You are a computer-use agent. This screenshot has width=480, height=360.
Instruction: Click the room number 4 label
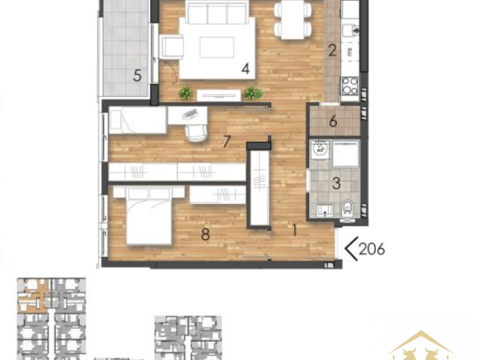[x=246, y=69]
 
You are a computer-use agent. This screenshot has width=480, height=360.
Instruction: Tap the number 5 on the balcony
[x=137, y=76]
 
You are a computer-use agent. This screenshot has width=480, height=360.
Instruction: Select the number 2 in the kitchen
[x=332, y=50]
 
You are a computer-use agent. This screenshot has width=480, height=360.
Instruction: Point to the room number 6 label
[x=333, y=122]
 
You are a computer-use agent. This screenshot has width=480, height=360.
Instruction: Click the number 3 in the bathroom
[x=336, y=183]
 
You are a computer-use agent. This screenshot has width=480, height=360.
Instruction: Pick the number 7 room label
[x=227, y=141]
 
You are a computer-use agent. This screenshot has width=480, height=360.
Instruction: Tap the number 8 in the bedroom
[x=205, y=234]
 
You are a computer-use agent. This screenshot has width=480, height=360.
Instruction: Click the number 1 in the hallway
[x=294, y=230]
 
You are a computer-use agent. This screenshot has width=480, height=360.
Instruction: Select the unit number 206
[x=372, y=249]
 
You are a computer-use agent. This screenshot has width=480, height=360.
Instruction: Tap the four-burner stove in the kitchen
[x=350, y=85]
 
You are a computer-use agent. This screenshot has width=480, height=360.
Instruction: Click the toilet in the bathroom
[x=347, y=208]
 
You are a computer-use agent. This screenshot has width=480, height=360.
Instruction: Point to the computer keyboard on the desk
[x=190, y=114]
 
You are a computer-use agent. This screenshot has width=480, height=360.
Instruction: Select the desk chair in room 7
[x=196, y=133]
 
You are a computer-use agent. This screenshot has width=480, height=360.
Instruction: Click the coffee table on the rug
[x=217, y=48]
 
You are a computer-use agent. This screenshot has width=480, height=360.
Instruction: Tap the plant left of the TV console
[x=185, y=92]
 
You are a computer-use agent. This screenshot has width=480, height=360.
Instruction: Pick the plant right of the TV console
[x=253, y=92]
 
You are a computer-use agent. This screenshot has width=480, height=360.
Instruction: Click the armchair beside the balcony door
[x=172, y=47]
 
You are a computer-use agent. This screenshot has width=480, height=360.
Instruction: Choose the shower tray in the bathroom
[x=345, y=155]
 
